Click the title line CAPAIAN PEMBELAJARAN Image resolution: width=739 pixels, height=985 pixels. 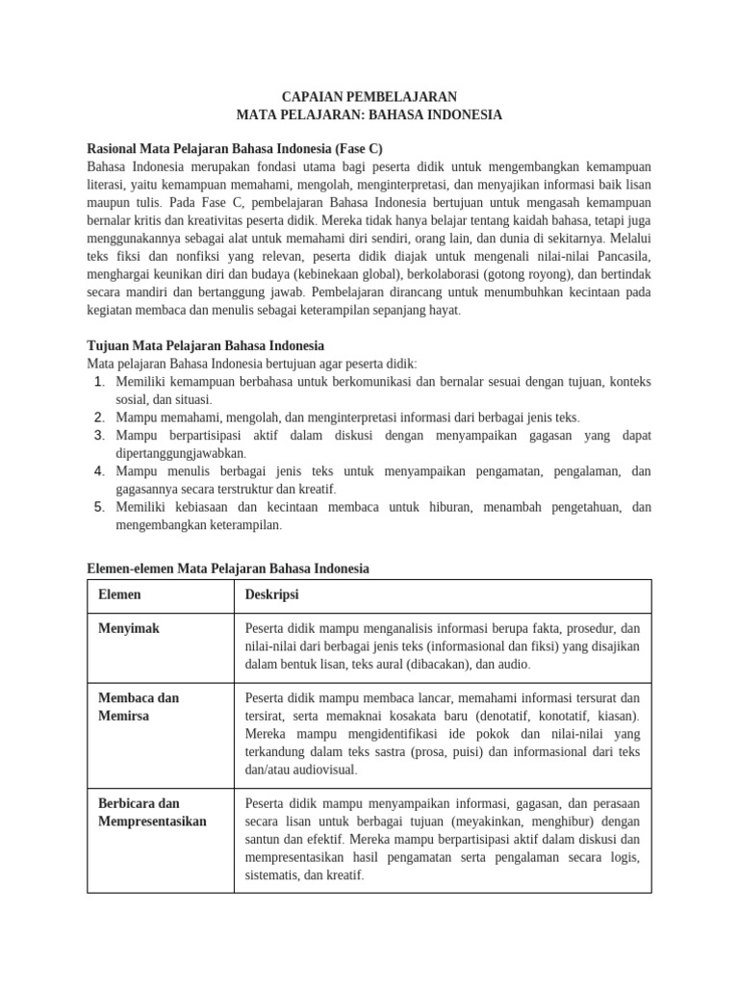[x=369, y=97]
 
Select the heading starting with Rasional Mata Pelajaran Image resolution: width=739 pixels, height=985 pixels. [x=234, y=149]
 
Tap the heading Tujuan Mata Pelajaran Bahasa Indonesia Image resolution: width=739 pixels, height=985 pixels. [x=205, y=345]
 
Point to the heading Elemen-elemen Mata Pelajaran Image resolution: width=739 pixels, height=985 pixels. [x=227, y=568]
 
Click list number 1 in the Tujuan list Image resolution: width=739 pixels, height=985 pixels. [x=99, y=382]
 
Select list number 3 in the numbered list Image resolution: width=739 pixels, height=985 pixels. [x=99, y=436]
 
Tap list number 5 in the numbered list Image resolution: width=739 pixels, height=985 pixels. [x=99, y=507]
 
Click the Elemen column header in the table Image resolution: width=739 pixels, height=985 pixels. [x=120, y=595]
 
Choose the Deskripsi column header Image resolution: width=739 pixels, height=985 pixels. [x=272, y=595]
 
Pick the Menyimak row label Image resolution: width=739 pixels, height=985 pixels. [x=129, y=628]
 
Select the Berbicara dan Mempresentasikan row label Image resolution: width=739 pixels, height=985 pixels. [x=152, y=813]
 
